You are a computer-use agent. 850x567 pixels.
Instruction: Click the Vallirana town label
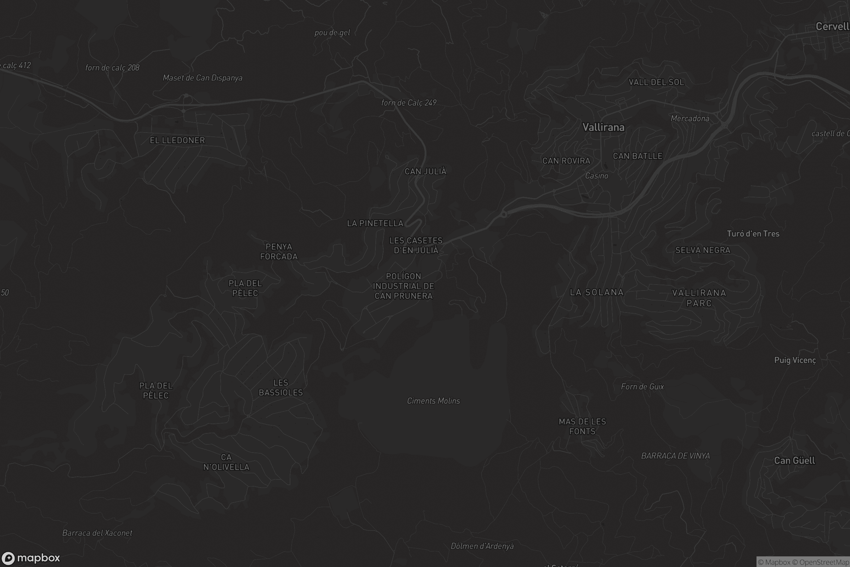[603, 127]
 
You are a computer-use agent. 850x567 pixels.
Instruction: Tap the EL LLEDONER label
[177, 140]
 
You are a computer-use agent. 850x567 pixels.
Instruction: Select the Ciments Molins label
[433, 401]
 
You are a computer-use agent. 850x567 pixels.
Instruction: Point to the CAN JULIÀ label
[425, 172]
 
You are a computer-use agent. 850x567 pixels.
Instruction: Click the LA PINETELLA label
[375, 224]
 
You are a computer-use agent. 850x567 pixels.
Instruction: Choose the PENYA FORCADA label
[279, 252]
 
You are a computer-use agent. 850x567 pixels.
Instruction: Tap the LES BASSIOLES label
[281, 388]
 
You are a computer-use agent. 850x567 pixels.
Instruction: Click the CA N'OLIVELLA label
[226, 462]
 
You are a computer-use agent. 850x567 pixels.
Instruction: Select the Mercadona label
[690, 119]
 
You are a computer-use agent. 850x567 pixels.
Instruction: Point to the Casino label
[596, 176]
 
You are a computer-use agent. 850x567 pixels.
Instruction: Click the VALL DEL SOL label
[656, 83]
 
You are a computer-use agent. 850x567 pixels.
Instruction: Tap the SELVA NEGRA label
[703, 250]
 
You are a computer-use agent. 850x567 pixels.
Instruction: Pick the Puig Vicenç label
[795, 360]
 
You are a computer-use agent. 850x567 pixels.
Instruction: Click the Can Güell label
[794, 460]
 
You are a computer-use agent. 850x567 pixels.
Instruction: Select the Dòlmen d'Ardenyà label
[482, 546]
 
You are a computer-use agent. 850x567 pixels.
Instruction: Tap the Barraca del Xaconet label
[97, 533]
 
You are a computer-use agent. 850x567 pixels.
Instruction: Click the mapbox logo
[31, 558]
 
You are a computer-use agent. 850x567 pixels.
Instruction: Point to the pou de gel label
[332, 33]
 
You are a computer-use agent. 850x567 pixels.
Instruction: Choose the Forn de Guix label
[642, 387]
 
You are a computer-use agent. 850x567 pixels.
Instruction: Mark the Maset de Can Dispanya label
[202, 78]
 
